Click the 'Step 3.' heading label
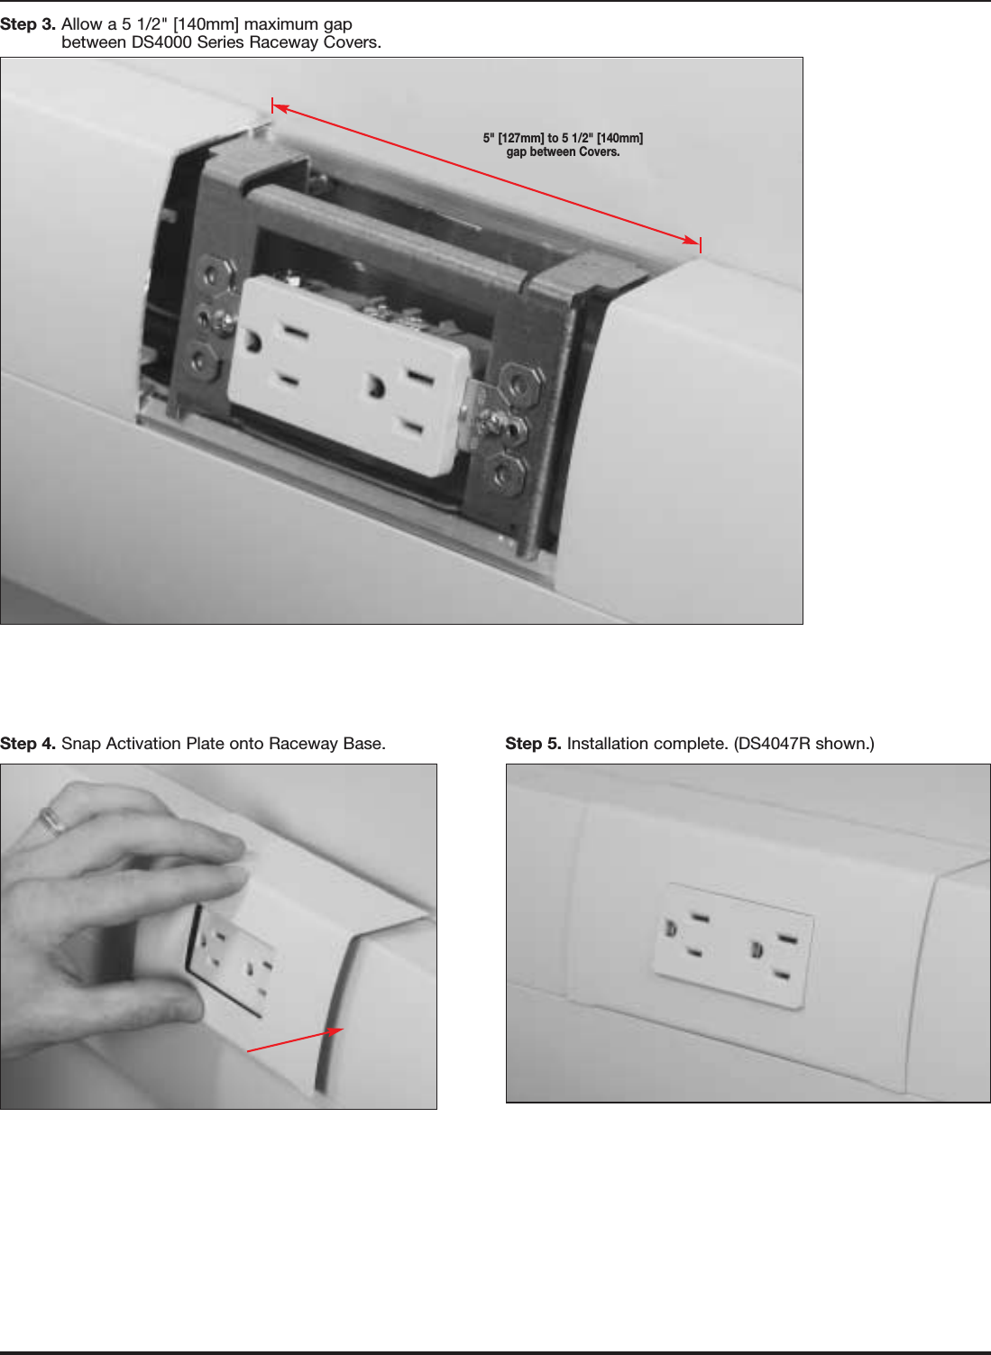pyautogui.click(x=27, y=24)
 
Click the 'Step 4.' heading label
pyautogui.click(x=27, y=744)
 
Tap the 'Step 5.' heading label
pyautogui.click(x=533, y=744)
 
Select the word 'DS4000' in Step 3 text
pyautogui.click(x=162, y=42)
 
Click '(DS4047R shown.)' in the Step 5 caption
pyautogui.click(x=803, y=744)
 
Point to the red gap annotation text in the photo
pyautogui.click(x=563, y=145)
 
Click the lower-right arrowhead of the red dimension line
pyautogui.click(x=692, y=242)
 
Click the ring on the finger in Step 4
pyautogui.click(x=52, y=819)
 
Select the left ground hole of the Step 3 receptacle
pyautogui.click(x=253, y=343)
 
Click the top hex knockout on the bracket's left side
pyautogui.click(x=216, y=272)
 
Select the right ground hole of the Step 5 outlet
pyautogui.click(x=757, y=948)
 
